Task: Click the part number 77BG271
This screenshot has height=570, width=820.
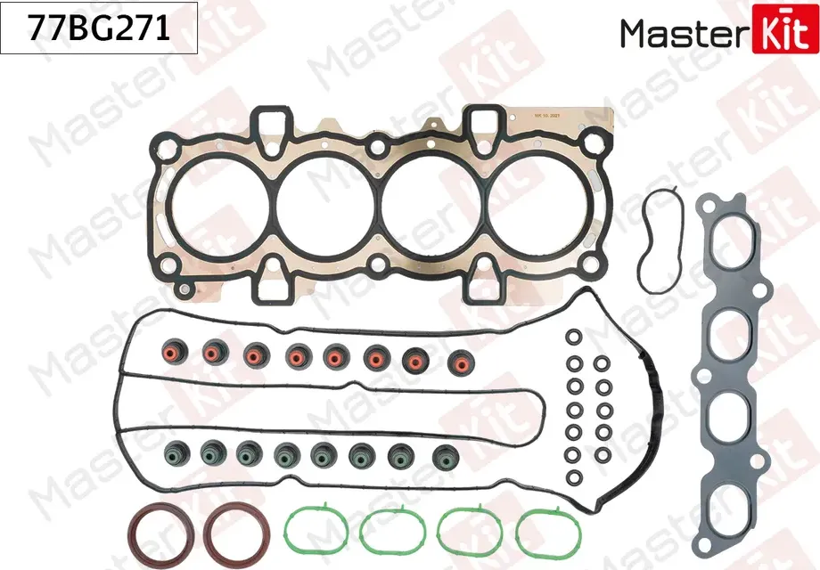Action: point(99,30)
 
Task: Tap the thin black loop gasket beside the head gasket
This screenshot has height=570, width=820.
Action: point(660,240)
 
